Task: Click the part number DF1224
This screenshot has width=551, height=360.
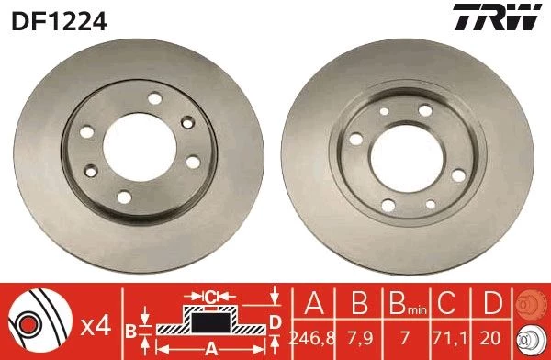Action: [59, 21]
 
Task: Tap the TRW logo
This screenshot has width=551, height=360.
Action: [497, 17]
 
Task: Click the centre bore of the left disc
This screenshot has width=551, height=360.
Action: [140, 148]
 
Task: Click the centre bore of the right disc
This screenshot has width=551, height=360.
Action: [407, 158]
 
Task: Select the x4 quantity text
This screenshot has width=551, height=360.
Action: [96, 327]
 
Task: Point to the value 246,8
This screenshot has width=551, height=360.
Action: [312, 338]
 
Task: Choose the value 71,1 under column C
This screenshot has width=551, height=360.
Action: [450, 338]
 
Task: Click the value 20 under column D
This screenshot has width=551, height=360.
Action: [490, 338]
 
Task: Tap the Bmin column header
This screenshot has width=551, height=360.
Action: [408, 303]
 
